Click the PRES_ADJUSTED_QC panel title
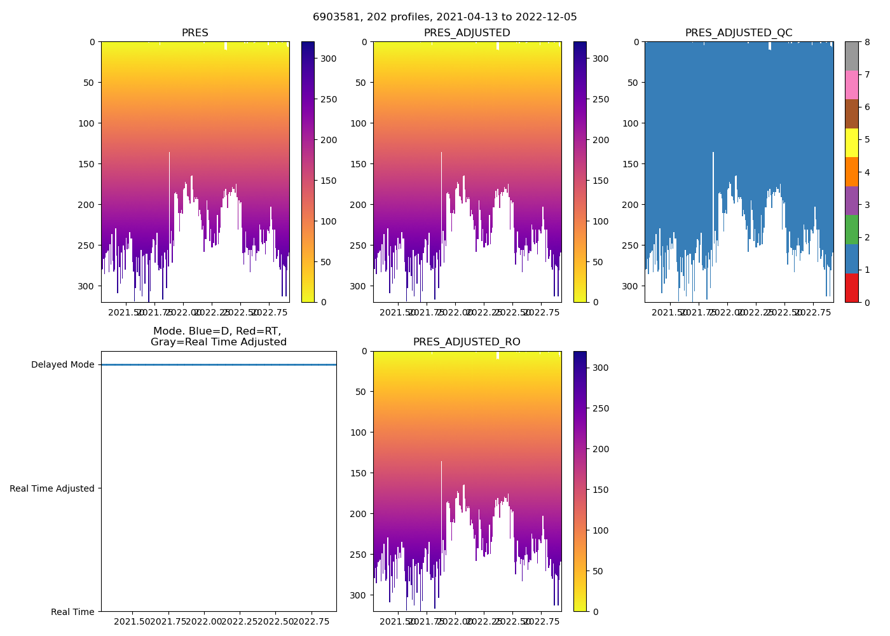coord(739,33)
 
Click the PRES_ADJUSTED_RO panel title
coord(467,342)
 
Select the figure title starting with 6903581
coord(445,17)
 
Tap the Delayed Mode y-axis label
coord(62,364)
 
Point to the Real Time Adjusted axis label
coord(52,488)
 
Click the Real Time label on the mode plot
coord(72,612)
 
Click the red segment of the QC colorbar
coord(851,287)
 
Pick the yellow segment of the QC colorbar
coord(851,142)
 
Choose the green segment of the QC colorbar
coord(851,230)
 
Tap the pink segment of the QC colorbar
coord(851,85)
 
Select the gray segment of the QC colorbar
coord(851,56)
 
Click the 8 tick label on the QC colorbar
coord(867,42)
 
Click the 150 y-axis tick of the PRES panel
coord(86,164)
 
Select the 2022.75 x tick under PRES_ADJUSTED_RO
coord(541,621)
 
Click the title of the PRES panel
coord(195,33)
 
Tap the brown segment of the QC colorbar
coord(851,113)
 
